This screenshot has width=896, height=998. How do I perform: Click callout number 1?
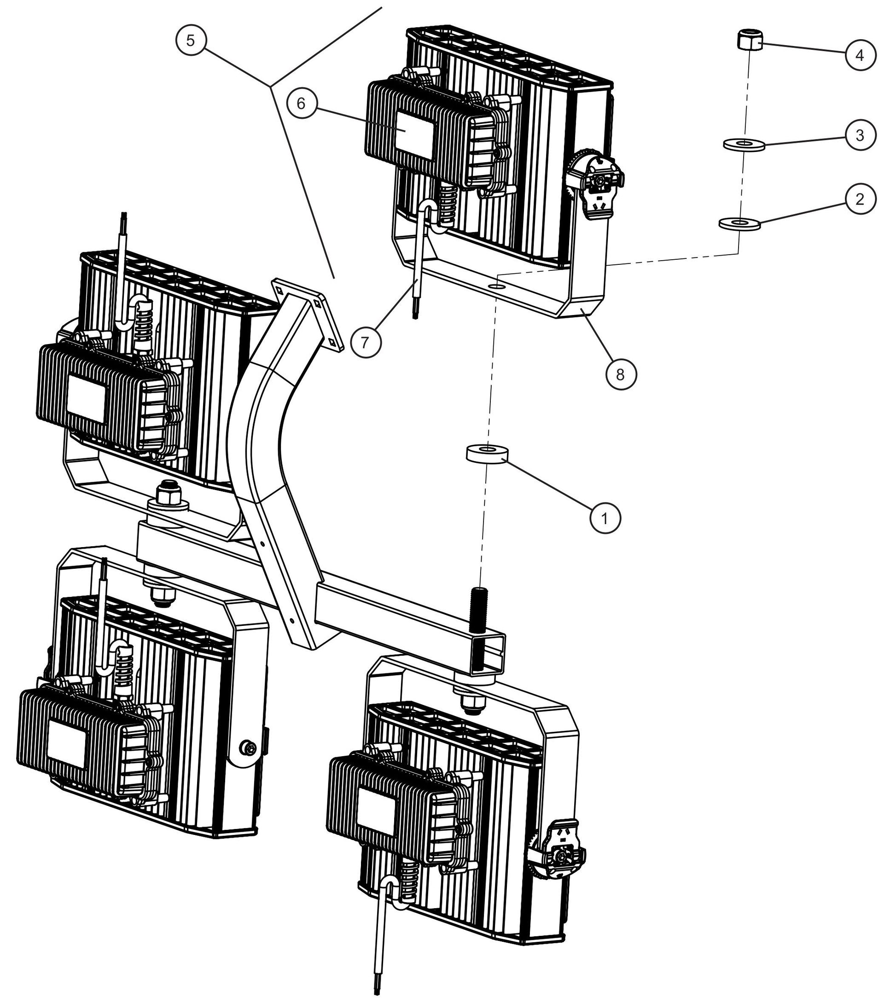pyautogui.click(x=605, y=518)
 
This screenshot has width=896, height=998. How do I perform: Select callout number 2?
pyautogui.click(x=860, y=199)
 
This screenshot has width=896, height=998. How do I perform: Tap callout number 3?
pyautogui.click(x=860, y=135)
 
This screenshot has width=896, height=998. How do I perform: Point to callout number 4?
pyautogui.click(x=860, y=55)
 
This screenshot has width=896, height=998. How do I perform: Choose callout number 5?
pyautogui.click(x=191, y=41)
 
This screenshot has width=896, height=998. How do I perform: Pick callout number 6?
pyautogui.click(x=302, y=104)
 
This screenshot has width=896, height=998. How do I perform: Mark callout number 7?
pyautogui.click(x=365, y=342)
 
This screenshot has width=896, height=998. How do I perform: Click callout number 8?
pyautogui.click(x=620, y=374)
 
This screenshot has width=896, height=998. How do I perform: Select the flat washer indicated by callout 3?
pyautogui.click(x=744, y=144)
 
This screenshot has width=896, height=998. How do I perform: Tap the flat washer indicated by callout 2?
pyautogui.click(x=739, y=223)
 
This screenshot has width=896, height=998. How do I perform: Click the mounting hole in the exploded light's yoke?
pyautogui.click(x=496, y=286)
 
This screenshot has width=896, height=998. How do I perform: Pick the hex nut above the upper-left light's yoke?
pyautogui.click(x=168, y=493)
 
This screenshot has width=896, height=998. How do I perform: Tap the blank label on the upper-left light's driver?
pyautogui.click(x=86, y=398)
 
